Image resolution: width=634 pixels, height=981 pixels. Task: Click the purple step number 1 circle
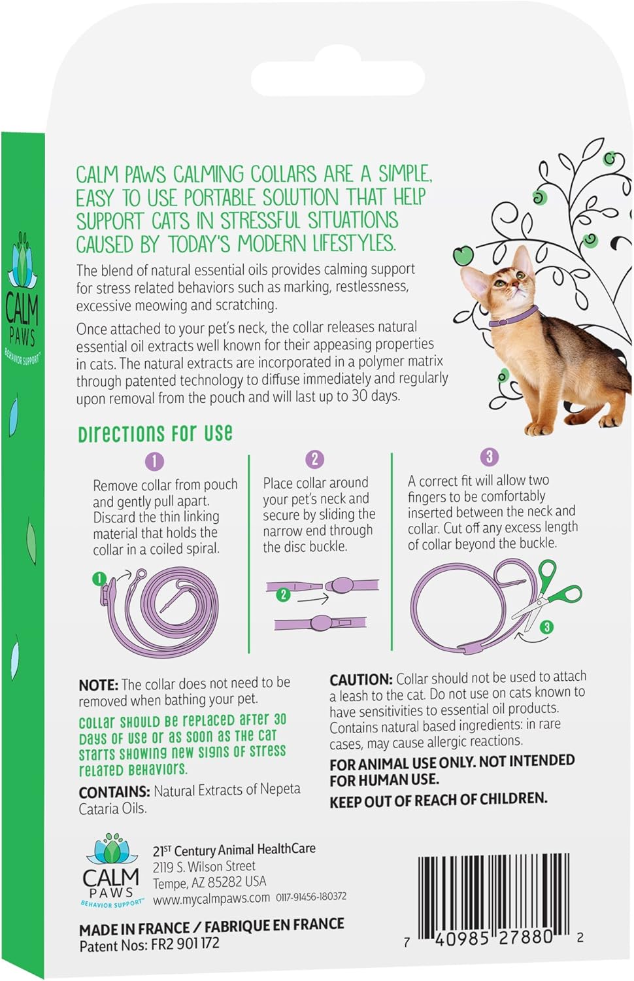click(154, 462)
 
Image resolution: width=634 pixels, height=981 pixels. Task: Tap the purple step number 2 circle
click(314, 459)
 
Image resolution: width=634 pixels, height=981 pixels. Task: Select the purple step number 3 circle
click(489, 456)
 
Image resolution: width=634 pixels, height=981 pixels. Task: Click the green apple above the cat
click(463, 255)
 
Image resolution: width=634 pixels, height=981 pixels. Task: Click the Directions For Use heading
click(155, 434)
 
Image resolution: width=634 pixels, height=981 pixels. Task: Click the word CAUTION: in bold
click(360, 680)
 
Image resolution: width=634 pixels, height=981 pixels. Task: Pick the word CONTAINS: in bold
click(114, 792)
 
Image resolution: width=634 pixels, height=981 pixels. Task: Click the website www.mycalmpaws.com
click(211, 899)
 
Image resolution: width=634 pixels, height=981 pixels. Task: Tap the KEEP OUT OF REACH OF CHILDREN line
click(438, 799)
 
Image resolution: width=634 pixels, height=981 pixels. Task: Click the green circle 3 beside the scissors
click(547, 627)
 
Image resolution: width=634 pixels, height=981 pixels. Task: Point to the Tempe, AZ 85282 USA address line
click(209, 883)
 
